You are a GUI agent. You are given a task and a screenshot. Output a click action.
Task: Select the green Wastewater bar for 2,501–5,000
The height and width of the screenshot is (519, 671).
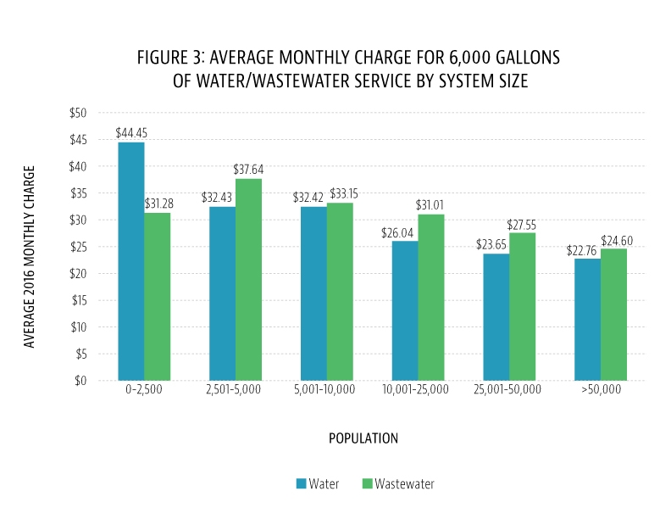248,280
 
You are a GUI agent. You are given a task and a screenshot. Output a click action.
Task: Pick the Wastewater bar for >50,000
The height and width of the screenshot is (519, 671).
613,315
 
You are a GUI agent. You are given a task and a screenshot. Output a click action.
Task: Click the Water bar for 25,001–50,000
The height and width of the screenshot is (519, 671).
496,317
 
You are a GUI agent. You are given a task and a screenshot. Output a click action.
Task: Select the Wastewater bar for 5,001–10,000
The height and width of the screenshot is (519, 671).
340,292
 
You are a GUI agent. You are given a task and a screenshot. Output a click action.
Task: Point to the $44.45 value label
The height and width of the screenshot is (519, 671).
130,133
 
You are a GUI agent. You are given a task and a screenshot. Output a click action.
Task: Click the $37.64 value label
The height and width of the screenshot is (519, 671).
248,170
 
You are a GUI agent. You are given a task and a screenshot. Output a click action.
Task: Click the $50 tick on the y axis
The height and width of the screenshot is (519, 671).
77,113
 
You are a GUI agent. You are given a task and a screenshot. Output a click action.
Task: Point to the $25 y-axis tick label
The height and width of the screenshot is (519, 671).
77,247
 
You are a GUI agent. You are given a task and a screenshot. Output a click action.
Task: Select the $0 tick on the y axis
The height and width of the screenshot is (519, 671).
80,381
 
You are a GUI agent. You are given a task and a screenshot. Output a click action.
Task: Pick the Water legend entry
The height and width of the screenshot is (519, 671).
318,484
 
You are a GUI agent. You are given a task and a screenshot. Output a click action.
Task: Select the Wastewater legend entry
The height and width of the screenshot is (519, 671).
397,484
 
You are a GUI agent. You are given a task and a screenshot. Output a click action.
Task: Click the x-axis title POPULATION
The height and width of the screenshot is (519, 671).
363,438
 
